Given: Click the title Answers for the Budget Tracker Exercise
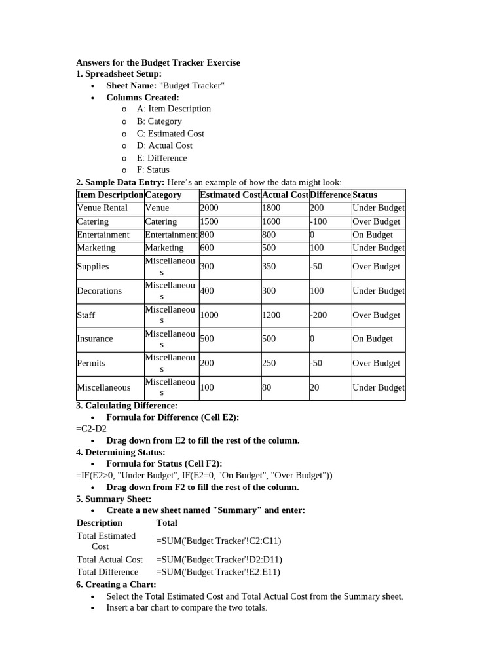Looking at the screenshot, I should (158, 62).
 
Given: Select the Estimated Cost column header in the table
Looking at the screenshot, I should (230, 195).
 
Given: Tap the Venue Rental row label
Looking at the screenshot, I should (102, 208).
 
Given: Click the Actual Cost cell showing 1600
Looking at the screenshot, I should (271, 221).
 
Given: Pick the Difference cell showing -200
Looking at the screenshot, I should (318, 315).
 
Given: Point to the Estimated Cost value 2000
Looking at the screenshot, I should (210, 208).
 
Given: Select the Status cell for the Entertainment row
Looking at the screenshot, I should (373, 235).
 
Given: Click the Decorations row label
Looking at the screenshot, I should (99, 291).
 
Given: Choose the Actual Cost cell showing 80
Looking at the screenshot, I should (267, 387).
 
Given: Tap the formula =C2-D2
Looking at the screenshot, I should (91, 429).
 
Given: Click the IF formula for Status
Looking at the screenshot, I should (204, 476).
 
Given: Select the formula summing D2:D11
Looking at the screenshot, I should (219, 560).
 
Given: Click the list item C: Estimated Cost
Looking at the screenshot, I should (170, 133).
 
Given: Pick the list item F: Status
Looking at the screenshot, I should (153, 170).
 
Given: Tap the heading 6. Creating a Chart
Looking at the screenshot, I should (116, 584).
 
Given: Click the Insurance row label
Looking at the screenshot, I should (95, 339).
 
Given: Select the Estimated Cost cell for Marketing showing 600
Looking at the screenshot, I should (207, 248).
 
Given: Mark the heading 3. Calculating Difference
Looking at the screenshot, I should (122, 406).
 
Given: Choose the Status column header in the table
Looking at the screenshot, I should (365, 195).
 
